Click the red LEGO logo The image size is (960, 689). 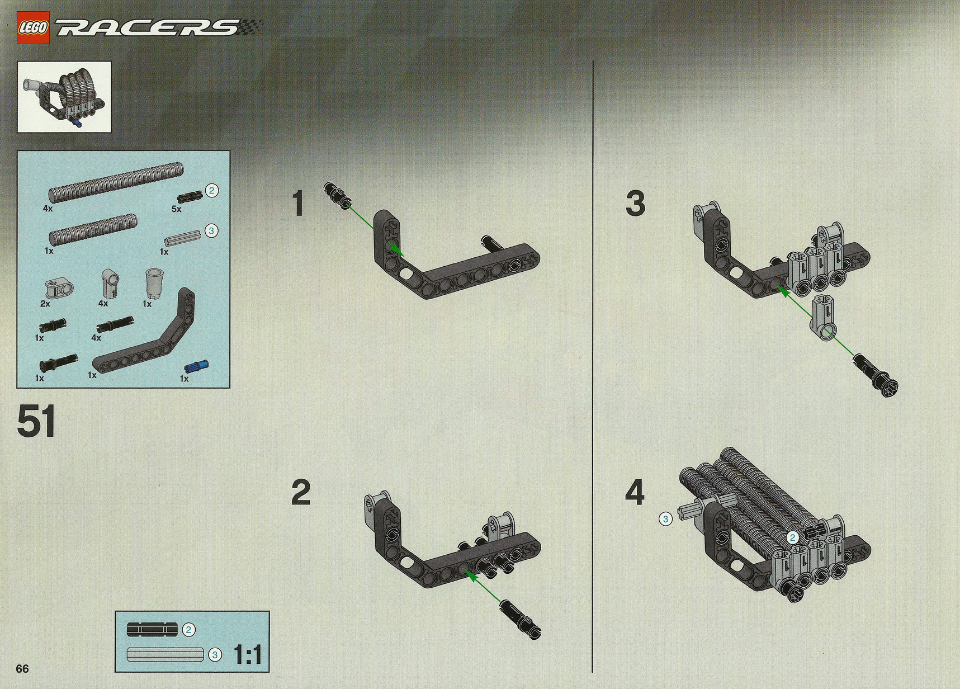[x=34, y=27]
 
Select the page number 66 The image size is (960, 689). [x=23, y=669]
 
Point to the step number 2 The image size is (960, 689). [x=301, y=493]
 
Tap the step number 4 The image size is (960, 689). [x=635, y=493]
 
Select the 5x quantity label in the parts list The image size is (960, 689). [x=177, y=209]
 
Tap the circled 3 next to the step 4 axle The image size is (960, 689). [x=665, y=520]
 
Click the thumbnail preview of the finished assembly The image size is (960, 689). [x=64, y=97]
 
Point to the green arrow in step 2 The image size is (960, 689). [x=483, y=588]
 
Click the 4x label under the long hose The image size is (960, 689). [x=48, y=209]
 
